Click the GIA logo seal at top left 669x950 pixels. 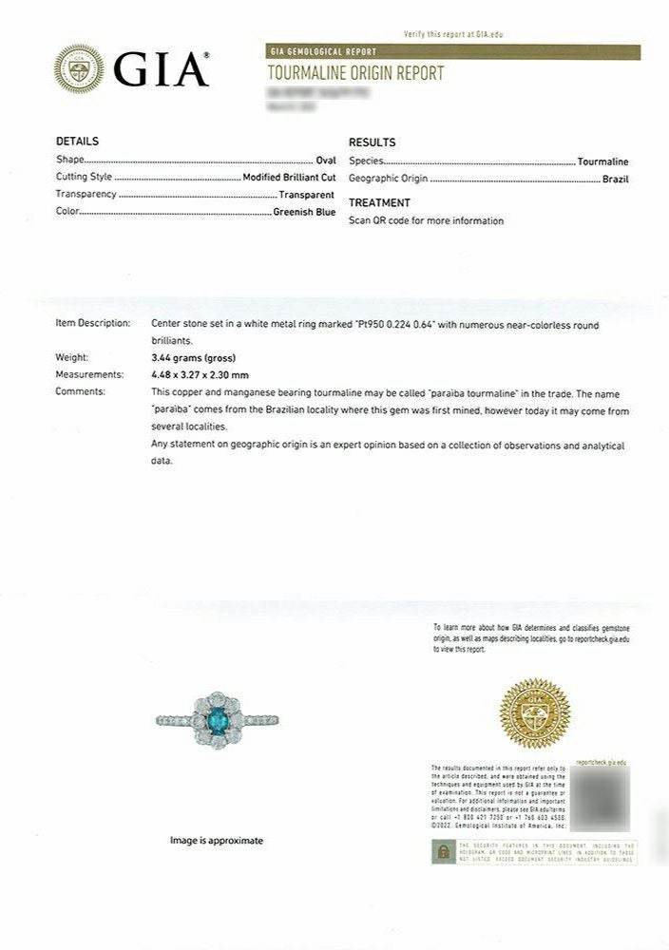click(x=80, y=68)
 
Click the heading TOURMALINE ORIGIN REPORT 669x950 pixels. click(x=355, y=73)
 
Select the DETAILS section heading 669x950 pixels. click(x=77, y=142)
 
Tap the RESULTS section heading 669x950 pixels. click(x=373, y=142)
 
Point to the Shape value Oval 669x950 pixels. click(x=325, y=161)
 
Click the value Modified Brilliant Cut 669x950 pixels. click(x=289, y=177)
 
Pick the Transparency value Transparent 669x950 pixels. click(x=306, y=194)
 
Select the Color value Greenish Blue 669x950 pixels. click(x=304, y=212)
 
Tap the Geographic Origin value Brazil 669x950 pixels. click(x=615, y=179)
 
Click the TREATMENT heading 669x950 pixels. click(x=379, y=203)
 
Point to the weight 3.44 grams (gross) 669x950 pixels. click(x=188, y=357)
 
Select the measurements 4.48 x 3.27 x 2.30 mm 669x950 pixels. click(x=200, y=374)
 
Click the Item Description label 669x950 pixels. click(x=92, y=323)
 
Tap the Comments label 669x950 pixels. click(x=81, y=391)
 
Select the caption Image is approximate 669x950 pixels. click(x=217, y=841)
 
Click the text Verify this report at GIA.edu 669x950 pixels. click(x=453, y=34)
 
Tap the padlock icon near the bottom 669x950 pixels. click(x=441, y=851)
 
